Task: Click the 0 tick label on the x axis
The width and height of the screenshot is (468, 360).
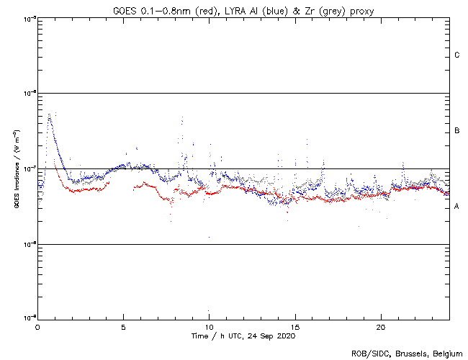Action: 37,327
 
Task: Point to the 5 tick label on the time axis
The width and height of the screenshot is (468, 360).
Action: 123,327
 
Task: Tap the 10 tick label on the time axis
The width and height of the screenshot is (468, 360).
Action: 210,327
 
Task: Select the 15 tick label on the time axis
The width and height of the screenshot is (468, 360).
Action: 295,327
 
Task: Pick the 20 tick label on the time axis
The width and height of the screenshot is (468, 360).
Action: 382,327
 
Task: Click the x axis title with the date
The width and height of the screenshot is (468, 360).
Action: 243,336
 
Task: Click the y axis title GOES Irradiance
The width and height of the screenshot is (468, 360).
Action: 16,170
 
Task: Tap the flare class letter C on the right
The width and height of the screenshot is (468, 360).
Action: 457,55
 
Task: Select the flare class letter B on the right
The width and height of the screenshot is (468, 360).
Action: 457,131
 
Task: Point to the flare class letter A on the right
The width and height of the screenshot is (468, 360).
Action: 457,207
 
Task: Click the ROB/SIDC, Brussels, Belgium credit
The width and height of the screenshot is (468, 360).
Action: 407,353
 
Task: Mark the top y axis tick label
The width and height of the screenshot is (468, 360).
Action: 29,18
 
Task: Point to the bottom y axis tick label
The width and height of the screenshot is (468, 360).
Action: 29,317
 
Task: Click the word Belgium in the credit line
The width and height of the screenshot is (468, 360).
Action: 446,353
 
